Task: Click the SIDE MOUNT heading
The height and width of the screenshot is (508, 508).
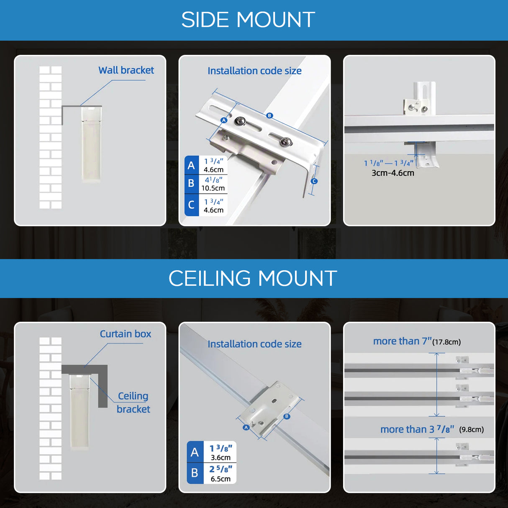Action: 248,20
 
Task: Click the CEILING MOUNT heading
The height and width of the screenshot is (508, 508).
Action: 253,278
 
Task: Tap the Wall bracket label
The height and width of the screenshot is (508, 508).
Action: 126,70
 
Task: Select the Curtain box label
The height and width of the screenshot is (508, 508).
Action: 126,334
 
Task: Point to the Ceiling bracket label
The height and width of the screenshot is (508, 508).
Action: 133,402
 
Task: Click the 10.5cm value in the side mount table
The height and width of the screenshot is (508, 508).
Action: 213,188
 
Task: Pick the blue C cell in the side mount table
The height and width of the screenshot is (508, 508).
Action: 191,205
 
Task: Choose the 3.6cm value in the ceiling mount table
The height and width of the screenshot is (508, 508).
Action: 221,457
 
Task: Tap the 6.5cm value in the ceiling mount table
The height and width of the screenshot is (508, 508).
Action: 221,479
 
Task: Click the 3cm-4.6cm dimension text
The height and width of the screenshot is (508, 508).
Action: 393,173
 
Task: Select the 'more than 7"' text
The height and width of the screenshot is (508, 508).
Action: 403,341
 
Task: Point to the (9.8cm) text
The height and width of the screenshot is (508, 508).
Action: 471,429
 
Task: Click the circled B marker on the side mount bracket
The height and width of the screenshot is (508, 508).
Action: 269,115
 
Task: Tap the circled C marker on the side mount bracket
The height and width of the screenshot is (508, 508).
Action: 314,181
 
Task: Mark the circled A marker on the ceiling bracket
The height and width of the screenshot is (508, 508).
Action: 246,427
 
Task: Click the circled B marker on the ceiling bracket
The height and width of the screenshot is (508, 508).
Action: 287,416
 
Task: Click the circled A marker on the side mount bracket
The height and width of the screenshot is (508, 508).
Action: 224,120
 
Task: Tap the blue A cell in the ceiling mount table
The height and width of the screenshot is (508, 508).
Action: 195,452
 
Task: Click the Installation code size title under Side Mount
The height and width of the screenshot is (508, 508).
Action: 254,71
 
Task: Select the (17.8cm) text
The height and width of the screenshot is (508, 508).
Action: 446,342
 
